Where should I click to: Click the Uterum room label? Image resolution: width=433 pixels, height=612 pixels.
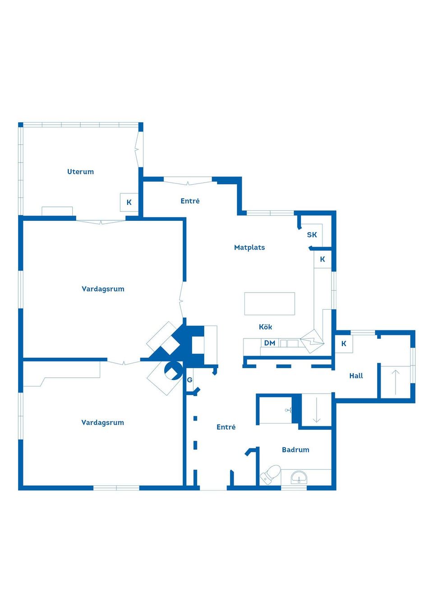click(x=80, y=172)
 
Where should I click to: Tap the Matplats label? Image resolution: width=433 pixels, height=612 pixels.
click(x=249, y=247)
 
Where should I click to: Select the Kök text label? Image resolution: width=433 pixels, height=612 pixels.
click(x=265, y=327)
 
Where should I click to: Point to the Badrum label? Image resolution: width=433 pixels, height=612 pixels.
click(x=295, y=450)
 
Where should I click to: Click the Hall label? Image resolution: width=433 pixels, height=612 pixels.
click(x=356, y=376)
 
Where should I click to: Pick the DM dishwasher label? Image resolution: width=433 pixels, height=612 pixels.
click(x=270, y=343)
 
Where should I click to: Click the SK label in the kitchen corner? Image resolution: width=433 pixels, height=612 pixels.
click(x=312, y=235)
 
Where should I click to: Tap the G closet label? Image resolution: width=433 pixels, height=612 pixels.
click(x=190, y=380)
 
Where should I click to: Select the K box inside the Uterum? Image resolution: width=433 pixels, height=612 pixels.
click(x=129, y=202)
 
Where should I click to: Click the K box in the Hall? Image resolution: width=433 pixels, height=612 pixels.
click(x=344, y=344)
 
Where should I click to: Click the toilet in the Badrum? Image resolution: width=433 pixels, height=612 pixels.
click(x=271, y=475)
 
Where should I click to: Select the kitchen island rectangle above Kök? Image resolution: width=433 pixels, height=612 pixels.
click(x=269, y=304)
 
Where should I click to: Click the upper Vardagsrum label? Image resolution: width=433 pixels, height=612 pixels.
click(x=103, y=289)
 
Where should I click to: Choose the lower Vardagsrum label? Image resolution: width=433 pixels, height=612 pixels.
click(x=102, y=423)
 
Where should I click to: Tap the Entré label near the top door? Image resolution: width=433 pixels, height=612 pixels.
click(x=190, y=201)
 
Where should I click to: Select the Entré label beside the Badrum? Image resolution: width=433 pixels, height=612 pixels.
click(x=226, y=427)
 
